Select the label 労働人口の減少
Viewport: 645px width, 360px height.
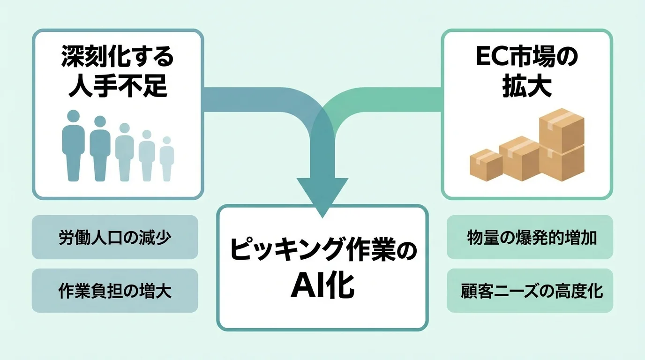click(115, 238)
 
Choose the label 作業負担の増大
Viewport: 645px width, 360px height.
click(115, 291)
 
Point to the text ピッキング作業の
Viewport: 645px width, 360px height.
click(322, 253)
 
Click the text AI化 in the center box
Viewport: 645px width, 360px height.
click(322, 286)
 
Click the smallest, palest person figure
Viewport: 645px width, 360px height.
click(167, 159)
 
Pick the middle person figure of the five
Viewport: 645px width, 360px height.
click(124, 153)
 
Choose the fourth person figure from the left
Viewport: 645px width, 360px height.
click(147, 157)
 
